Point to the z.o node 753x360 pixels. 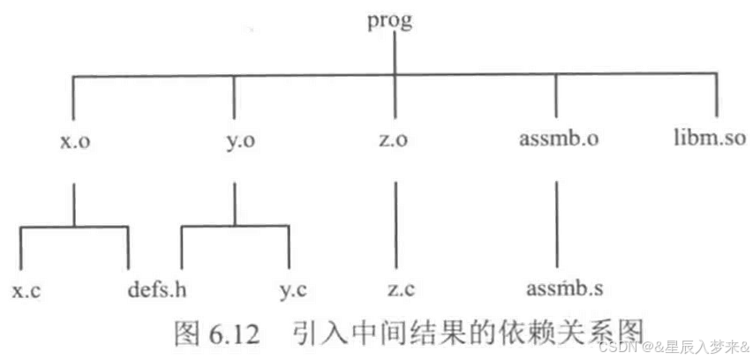pos(393,141)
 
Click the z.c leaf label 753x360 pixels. pos(396,289)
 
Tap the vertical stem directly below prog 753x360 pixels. pos(394,57)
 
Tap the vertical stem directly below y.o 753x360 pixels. pos(234,199)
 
